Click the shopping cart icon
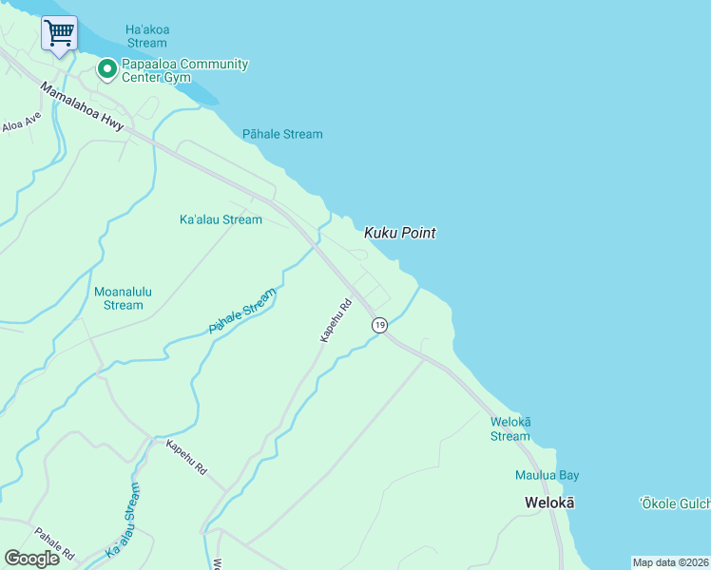(x=59, y=33)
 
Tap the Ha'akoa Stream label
(x=146, y=36)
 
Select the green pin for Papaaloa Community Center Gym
(x=107, y=68)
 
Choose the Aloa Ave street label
(x=22, y=123)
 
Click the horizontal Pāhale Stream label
(x=282, y=134)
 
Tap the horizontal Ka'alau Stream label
(x=221, y=219)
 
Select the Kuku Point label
(x=400, y=233)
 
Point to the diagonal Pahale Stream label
(x=242, y=311)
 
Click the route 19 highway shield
(x=379, y=325)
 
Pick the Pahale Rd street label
(x=54, y=543)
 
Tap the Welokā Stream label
(x=510, y=428)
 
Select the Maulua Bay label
(x=548, y=475)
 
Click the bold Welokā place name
(x=550, y=502)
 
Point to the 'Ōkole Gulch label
(x=674, y=503)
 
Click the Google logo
(x=31, y=558)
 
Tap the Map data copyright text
(x=671, y=562)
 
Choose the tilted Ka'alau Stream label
(x=127, y=521)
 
